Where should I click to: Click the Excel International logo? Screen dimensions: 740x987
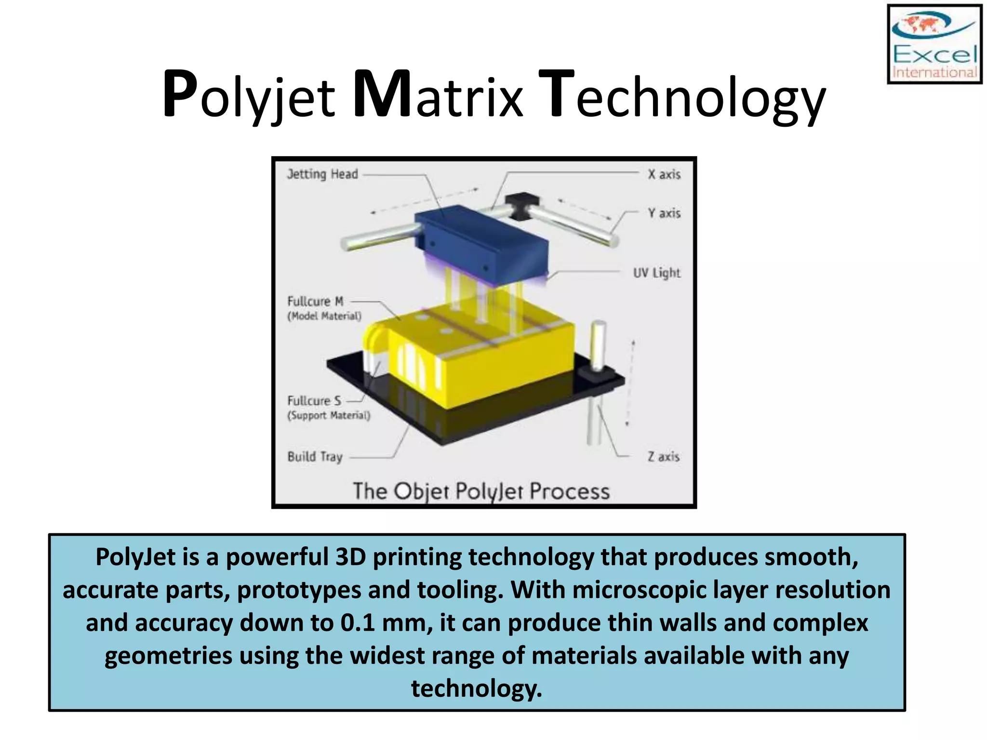934,44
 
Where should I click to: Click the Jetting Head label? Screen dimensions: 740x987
322,174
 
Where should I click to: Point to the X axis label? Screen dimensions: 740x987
664,174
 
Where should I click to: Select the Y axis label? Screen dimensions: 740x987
664,213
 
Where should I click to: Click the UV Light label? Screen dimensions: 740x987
656,273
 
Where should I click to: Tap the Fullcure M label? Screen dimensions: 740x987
316,302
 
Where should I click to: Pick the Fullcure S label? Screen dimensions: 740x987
314,401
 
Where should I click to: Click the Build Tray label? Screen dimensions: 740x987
315,457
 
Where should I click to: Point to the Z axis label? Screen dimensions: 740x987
663,457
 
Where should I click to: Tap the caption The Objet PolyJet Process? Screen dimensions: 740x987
481,491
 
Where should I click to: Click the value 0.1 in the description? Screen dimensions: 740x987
358,622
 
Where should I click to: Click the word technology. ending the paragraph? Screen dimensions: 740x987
476,688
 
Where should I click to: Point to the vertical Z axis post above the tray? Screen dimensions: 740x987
598,344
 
